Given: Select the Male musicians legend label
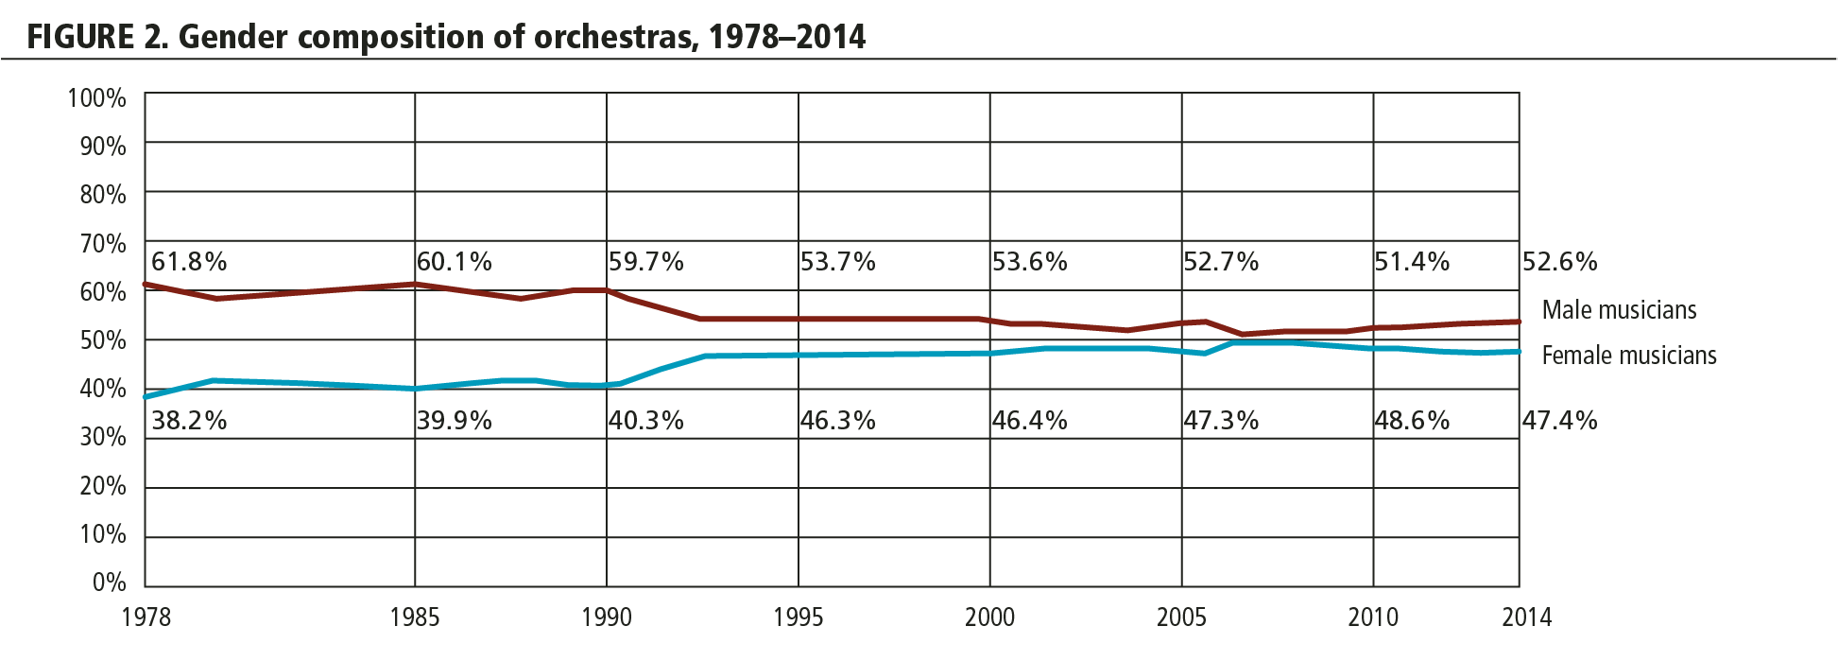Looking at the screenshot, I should [1619, 310].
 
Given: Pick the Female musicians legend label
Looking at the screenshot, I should [1628, 356].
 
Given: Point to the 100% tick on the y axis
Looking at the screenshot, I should [96, 98].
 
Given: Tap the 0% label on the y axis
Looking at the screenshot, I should [110, 583].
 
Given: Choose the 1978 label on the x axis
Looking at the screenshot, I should [146, 618].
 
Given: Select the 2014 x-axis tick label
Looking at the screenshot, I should [1526, 618].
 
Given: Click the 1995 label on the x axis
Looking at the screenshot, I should [798, 618].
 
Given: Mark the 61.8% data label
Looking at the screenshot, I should [189, 262].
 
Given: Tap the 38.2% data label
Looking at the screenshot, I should [189, 421].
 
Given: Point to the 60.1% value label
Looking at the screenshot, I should [455, 262].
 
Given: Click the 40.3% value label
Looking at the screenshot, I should [645, 421].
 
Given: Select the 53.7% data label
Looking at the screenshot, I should [837, 262].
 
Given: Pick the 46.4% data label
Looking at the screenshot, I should [1029, 421].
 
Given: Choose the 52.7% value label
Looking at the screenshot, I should [1221, 262].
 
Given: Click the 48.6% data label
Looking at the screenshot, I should [1412, 421].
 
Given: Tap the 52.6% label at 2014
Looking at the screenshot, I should [1559, 262].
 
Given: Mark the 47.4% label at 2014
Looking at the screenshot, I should [1559, 421].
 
